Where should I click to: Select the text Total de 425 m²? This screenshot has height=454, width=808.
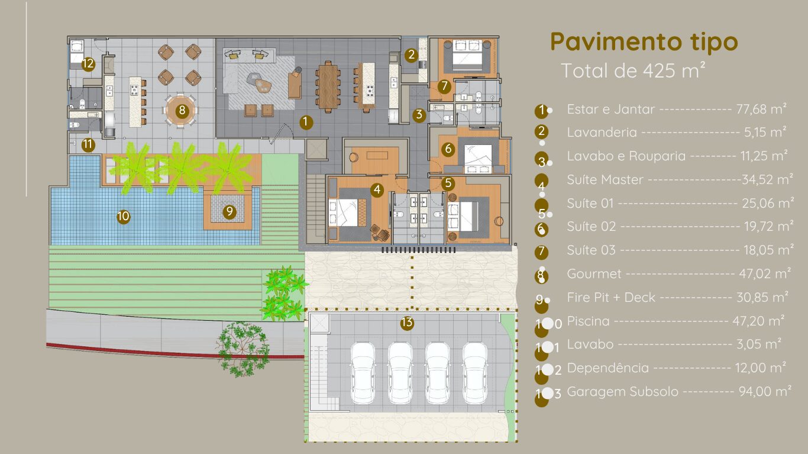point(633,70)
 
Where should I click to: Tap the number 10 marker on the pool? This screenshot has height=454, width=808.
point(124,216)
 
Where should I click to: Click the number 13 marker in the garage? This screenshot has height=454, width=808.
point(407,323)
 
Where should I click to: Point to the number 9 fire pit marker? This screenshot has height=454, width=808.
point(230,212)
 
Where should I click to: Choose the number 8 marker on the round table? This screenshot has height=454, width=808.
point(182,110)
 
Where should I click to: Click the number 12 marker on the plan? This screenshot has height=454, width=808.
point(88,65)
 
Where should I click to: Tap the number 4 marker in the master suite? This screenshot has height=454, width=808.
point(377,189)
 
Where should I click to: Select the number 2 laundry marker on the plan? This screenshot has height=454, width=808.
point(411,55)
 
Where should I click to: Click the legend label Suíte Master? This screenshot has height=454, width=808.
point(605,179)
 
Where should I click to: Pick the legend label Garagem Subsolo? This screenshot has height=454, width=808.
point(623,392)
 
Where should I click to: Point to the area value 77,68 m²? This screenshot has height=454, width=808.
point(761,109)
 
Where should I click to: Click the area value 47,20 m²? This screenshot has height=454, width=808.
point(758,320)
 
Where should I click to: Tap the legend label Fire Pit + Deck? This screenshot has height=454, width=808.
point(611,297)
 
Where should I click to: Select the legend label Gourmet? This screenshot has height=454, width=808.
point(594,274)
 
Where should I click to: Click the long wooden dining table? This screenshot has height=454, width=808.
point(328,87)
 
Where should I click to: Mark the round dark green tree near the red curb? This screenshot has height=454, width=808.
point(243,349)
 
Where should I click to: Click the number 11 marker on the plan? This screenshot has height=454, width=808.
point(88,144)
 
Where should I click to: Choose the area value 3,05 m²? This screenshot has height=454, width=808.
point(759,344)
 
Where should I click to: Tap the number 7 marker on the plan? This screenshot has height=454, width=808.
point(444,86)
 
